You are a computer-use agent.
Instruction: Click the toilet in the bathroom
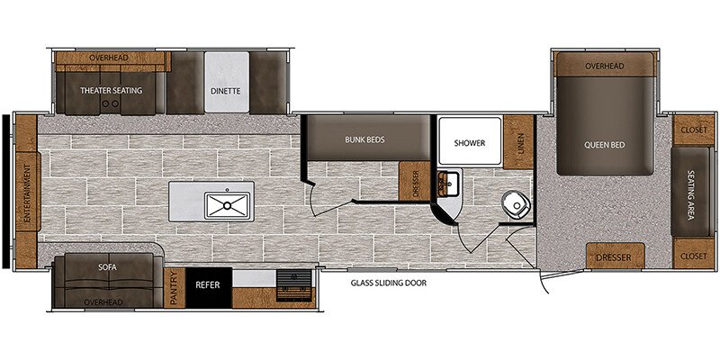(516, 205)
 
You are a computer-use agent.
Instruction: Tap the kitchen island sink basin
(228, 205)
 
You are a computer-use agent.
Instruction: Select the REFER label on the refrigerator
(208, 284)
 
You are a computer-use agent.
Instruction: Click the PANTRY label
(174, 287)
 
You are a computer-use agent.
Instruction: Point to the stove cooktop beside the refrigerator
(294, 285)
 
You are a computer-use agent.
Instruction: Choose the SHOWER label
(469, 143)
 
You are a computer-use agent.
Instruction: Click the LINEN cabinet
(518, 142)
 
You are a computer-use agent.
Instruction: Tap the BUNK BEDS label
(365, 139)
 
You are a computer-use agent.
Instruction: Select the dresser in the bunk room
(414, 181)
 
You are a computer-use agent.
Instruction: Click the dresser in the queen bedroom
(616, 256)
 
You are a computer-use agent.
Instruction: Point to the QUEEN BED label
(604, 145)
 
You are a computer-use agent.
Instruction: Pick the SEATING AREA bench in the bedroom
(691, 193)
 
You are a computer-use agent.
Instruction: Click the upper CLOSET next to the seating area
(694, 130)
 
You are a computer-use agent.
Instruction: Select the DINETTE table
(227, 82)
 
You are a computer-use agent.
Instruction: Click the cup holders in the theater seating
(110, 103)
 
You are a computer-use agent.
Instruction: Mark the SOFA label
(107, 267)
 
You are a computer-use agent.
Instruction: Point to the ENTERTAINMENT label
(26, 193)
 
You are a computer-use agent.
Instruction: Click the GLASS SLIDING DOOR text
(389, 283)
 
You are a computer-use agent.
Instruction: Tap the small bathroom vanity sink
(446, 184)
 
